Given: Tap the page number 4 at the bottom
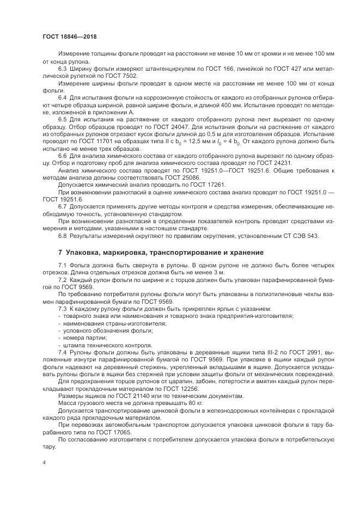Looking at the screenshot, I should pos(43,461).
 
